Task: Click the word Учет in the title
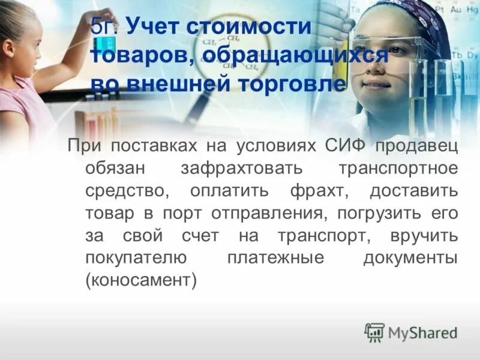coord(154,28)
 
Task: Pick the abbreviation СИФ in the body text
coord(346,146)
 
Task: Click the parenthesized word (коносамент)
coord(141,280)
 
